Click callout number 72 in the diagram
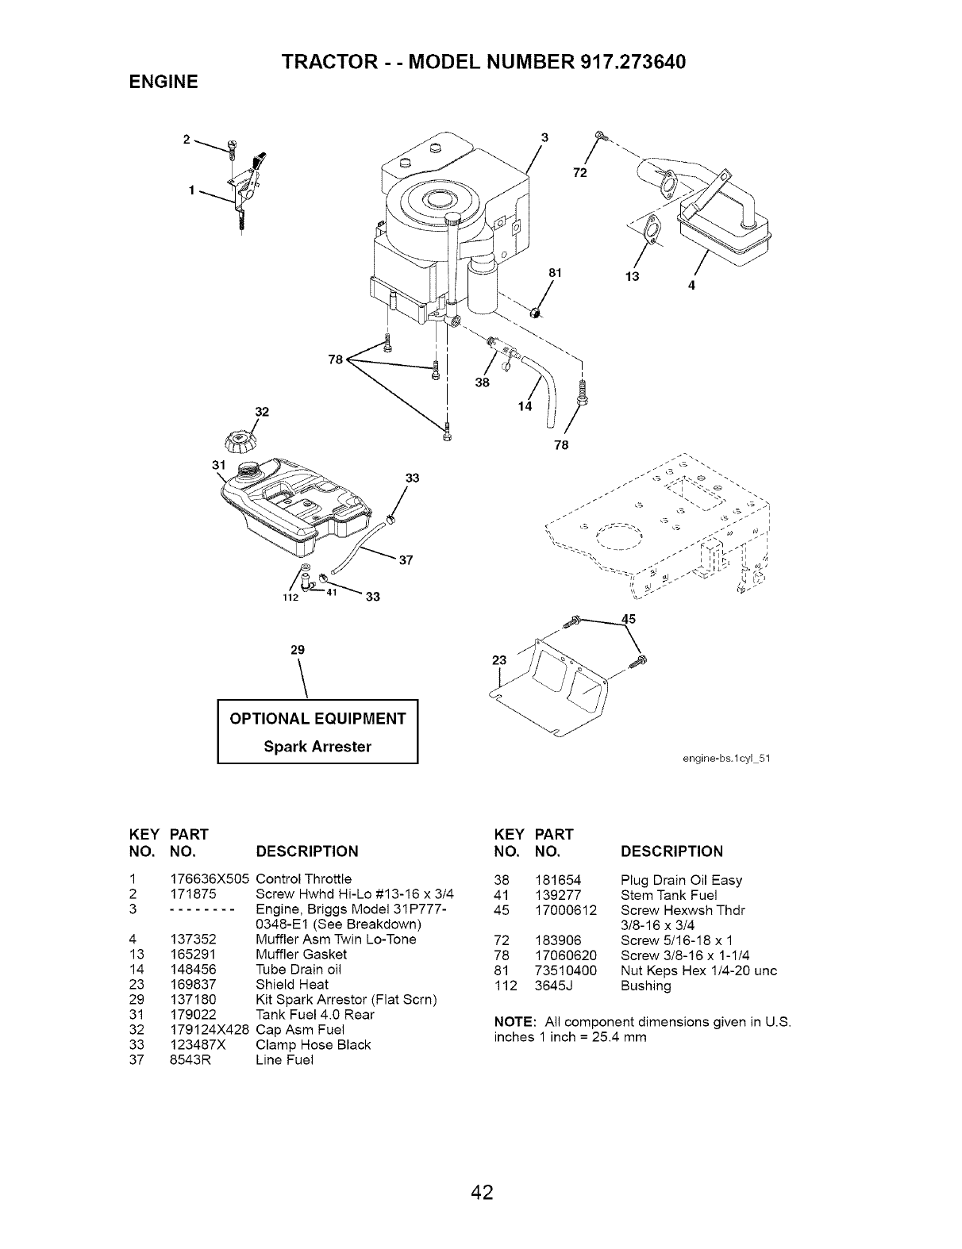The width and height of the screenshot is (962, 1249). tap(580, 175)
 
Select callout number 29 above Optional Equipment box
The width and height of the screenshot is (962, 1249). tap(298, 649)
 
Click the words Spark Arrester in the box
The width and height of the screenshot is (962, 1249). tap(317, 747)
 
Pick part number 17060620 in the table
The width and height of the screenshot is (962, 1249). tap(566, 955)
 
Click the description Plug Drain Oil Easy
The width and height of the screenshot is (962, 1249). tap(681, 879)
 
